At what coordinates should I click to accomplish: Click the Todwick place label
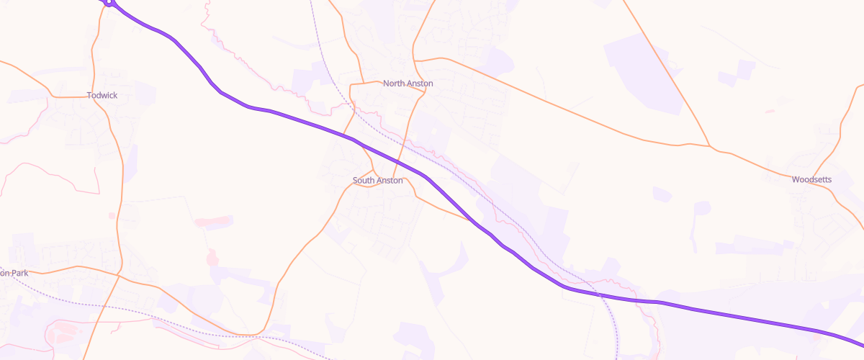102,95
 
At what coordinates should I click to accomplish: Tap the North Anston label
408,84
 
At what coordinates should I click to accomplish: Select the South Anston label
377,180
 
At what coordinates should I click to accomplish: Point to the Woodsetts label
812,179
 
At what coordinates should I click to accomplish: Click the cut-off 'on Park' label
14,274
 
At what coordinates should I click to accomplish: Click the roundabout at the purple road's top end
108,3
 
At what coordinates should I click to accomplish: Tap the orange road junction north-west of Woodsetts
710,147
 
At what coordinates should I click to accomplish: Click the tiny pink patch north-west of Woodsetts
770,112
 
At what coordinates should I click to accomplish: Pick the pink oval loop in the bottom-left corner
68,333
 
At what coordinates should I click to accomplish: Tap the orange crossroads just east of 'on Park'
117,274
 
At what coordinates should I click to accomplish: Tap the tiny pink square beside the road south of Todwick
112,215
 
